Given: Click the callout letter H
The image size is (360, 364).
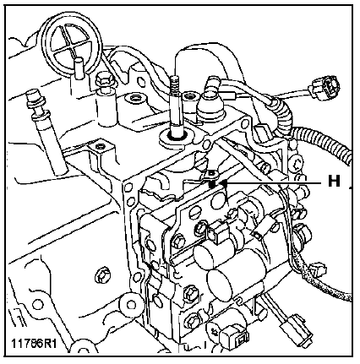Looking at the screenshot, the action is pyautogui.click(x=334, y=181).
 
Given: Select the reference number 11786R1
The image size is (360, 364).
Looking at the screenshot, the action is pyautogui.click(x=34, y=343).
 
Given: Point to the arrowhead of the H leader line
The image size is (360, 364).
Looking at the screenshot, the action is pyautogui.click(x=224, y=183).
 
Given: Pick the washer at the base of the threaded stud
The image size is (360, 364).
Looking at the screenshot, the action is pyautogui.click(x=176, y=137).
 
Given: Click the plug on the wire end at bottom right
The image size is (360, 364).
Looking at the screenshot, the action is pyautogui.click(x=296, y=330).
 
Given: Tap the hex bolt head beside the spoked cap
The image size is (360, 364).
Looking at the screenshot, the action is pyautogui.click(x=103, y=80).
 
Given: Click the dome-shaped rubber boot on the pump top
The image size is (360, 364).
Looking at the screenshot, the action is pyautogui.click(x=210, y=109).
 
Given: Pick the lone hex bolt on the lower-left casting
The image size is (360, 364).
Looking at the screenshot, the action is pyautogui.click(x=101, y=277).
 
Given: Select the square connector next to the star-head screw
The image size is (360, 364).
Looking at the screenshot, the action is pyautogui.click(x=237, y=338).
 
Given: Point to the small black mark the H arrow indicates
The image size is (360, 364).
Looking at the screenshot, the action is pyautogui.click(x=212, y=184).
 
